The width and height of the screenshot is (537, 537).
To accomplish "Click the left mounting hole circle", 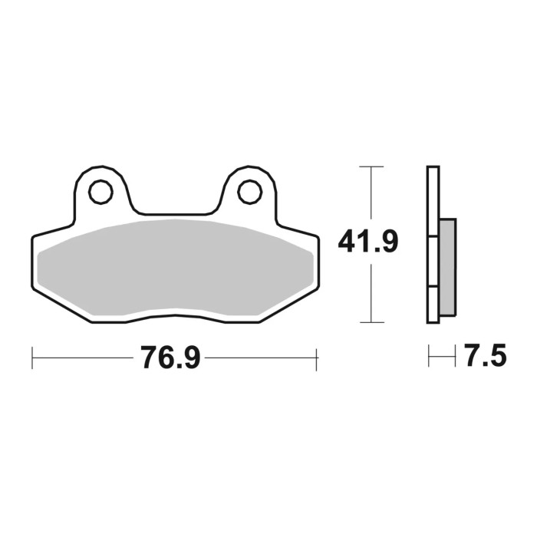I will [x=100, y=192].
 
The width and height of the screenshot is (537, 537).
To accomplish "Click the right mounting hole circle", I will [x=249, y=192].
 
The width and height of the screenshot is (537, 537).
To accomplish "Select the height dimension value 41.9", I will [x=368, y=243].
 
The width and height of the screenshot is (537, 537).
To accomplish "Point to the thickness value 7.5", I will [x=485, y=357].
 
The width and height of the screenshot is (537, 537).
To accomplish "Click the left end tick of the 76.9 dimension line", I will [x=32, y=357].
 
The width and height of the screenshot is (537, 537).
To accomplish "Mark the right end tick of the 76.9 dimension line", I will [x=316, y=357].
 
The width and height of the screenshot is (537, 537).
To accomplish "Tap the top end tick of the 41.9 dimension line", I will [x=371, y=166].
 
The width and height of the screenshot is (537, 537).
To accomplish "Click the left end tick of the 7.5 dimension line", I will [x=430, y=357].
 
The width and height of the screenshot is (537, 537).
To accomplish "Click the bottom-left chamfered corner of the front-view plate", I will [x=61, y=306].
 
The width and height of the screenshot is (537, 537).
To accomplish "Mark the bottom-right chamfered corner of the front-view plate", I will [x=286, y=306].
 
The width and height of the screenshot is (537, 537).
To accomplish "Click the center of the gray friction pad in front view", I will [x=174, y=265].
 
